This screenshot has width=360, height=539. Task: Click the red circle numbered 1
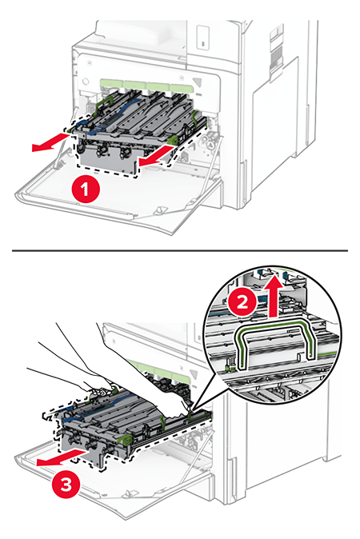(86, 190)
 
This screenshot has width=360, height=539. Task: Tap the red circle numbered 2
(242, 301)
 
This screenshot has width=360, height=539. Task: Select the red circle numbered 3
(66, 485)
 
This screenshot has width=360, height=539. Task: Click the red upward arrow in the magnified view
(275, 293)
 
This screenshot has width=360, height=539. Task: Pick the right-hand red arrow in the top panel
(157, 156)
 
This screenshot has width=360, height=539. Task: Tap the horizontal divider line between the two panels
(180, 250)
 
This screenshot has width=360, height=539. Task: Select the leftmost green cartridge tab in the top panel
(111, 83)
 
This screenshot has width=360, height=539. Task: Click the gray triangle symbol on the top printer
(198, 83)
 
